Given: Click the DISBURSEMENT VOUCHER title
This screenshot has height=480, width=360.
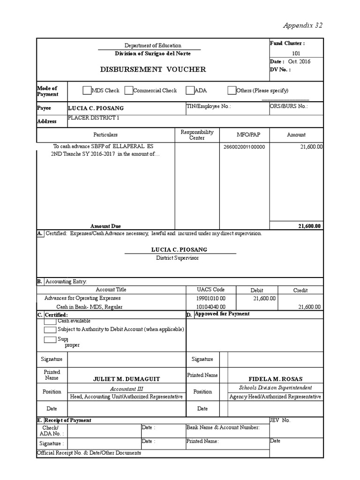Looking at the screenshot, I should [x=153, y=69].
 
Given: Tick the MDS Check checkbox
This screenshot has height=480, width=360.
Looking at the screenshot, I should [x=87, y=90].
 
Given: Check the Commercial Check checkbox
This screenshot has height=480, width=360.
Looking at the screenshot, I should [x=128, y=90].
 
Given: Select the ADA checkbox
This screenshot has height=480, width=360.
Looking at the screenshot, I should [x=190, y=90].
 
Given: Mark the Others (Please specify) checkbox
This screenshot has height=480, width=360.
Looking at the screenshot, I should [x=232, y=90].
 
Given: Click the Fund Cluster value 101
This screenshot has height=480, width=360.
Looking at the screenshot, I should [x=296, y=53].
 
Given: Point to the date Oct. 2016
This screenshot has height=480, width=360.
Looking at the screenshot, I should [x=299, y=61].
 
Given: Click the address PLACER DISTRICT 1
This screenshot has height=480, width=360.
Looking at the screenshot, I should [x=94, y=118].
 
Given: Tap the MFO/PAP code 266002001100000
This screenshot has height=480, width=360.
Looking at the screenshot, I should [x=244, y=147].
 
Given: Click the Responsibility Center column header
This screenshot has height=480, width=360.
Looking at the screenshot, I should [x=197, y=135].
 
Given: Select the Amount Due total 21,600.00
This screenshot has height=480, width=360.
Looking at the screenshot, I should [x=309, y=226].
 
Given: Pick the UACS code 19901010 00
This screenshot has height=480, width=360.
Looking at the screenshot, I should [x=211, y=298].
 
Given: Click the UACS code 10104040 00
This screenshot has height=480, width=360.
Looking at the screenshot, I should [x=211, y=307].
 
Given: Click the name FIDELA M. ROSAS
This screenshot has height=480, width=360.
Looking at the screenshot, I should [x=275, y=379].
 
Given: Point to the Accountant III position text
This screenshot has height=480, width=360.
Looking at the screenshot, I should [x=127, y=389].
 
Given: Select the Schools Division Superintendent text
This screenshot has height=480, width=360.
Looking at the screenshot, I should [x=275, y=388].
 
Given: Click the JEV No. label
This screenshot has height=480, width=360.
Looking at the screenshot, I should [x=280, y=420].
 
